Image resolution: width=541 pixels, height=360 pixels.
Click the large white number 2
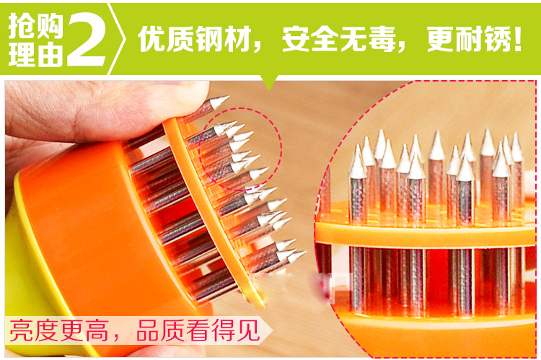point(87,39)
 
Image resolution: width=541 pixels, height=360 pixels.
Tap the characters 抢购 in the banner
point(36,25)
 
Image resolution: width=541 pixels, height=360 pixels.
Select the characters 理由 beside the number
point(36,54)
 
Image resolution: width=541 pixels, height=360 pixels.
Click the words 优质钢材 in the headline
point(194,39)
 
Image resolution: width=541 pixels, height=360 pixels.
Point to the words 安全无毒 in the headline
point(338,39)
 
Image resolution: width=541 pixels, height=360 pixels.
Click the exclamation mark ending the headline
point(518,39)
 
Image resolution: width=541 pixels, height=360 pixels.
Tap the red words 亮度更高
point(58,330)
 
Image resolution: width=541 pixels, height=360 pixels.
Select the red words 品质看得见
point(198,330)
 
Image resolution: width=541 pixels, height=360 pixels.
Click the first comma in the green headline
point(257,47)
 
